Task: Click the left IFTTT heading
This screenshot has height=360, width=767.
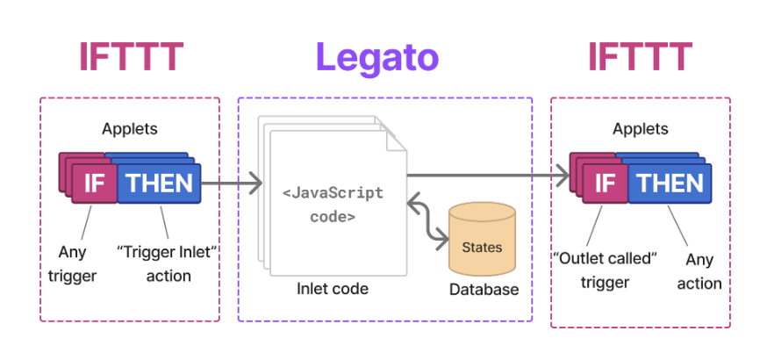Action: tap(131, 56)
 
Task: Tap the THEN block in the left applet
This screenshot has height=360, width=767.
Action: tap(159, 183)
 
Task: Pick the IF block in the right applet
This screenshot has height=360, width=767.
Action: tap(605, 183)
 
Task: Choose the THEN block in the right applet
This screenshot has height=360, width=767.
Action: tap(670, 183)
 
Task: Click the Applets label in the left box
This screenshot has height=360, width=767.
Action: tap(130, 128)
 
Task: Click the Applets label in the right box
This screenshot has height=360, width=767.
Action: tap(640, 128)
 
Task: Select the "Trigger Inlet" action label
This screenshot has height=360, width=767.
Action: tap(167, 263)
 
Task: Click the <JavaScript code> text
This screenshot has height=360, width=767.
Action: tap(333, 204)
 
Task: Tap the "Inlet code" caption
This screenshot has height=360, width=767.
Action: tap(332, 288)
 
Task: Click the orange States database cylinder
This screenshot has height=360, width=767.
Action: tap(482, 241)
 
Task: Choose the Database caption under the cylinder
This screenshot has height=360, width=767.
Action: tap(484, 289)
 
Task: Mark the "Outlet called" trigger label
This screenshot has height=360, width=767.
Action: tap(605, 270)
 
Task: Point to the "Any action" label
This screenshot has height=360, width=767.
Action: tap(699, 271)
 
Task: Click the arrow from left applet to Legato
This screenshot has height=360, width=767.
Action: tap(232, 184)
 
